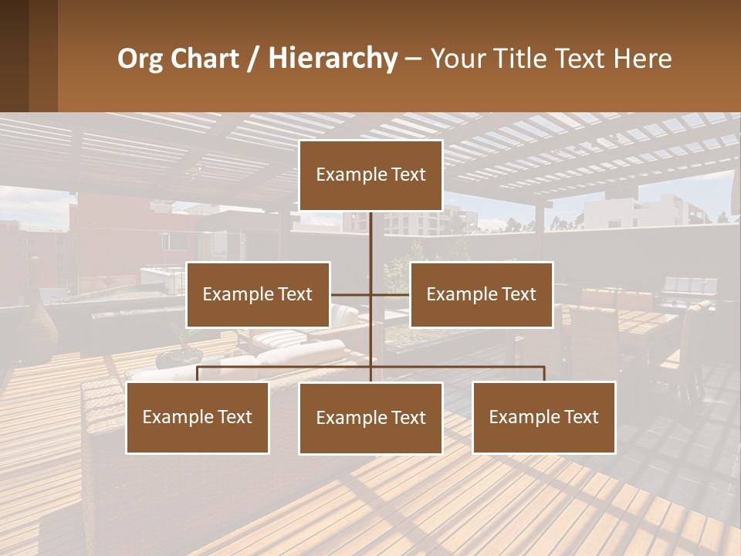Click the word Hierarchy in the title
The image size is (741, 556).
[332, 59]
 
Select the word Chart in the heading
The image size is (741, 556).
[201, 59]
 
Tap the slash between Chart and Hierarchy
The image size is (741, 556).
[253, 59]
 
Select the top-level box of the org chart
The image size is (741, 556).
[370, 175]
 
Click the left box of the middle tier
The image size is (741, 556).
[258, 294]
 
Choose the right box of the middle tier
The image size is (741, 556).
[482, 294]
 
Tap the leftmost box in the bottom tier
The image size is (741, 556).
[198, 418]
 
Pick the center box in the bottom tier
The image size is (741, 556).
[370, 419]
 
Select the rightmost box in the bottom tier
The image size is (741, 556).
[544, 418]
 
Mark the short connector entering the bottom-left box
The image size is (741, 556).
[198, 375]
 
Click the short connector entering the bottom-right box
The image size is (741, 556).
[544, 375]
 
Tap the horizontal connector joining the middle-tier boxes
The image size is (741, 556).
[370, 294]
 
